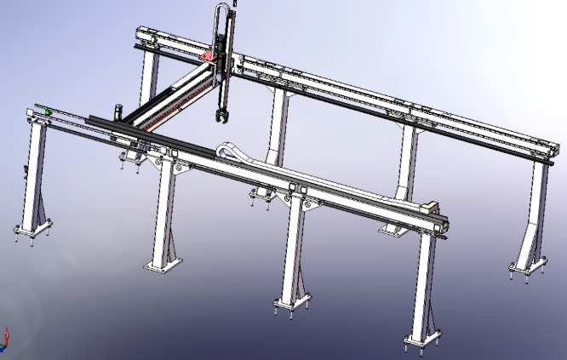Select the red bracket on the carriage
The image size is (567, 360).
point(208,56)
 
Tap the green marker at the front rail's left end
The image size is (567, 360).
point(49,112)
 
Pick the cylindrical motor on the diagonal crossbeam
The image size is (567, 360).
point(118,111)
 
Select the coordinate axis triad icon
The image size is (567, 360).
point(4,340)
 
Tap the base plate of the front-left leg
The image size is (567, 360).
point(32,231)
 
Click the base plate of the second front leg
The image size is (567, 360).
point(161,265)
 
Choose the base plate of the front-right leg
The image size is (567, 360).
point(423,342)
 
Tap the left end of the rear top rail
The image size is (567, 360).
point(141,34)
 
